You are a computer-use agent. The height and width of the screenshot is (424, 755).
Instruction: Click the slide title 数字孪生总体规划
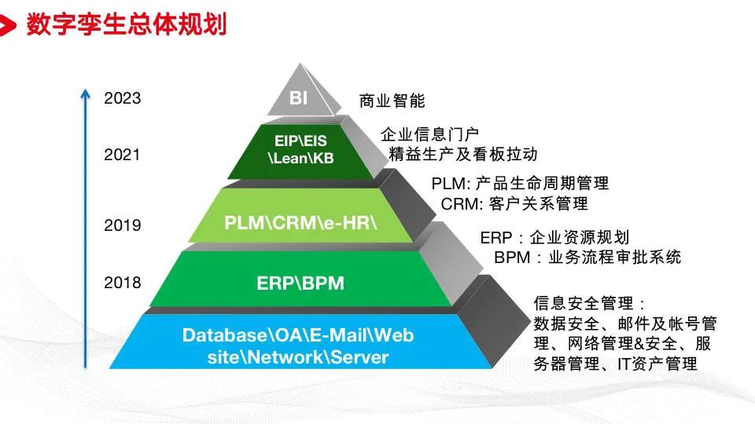pos(127,25)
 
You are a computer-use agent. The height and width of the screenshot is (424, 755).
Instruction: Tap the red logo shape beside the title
pos(8,27)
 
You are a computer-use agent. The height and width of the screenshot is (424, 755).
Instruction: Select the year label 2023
pos(122,98)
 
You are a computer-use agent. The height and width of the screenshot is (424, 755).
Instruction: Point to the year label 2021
pos(122,155)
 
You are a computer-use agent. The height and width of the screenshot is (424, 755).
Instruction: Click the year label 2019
pos(122,225)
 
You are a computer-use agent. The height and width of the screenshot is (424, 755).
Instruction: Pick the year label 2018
pos(122,283)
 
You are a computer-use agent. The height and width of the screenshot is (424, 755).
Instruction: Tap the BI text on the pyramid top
pos(298,98)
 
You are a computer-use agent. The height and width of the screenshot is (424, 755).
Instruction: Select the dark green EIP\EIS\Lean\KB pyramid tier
pos(304,149)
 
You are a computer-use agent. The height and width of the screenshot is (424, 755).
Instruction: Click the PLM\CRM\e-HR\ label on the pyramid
pos(301,222)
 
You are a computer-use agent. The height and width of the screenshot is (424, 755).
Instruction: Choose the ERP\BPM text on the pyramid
pos(300,283)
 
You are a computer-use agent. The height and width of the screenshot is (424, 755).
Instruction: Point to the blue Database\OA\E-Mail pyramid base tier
pos(298,345)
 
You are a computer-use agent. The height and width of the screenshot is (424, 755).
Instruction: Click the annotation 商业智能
pos(392,101)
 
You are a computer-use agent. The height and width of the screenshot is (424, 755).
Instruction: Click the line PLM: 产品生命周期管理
pos(520,184)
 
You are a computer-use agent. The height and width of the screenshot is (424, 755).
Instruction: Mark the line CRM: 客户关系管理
pos(514,204)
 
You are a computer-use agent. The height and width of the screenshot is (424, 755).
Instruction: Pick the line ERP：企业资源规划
pos(554,237)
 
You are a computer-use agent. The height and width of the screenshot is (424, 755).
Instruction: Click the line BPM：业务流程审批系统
pos(587,257)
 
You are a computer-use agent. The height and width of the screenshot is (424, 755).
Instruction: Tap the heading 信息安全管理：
pos(590,303)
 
